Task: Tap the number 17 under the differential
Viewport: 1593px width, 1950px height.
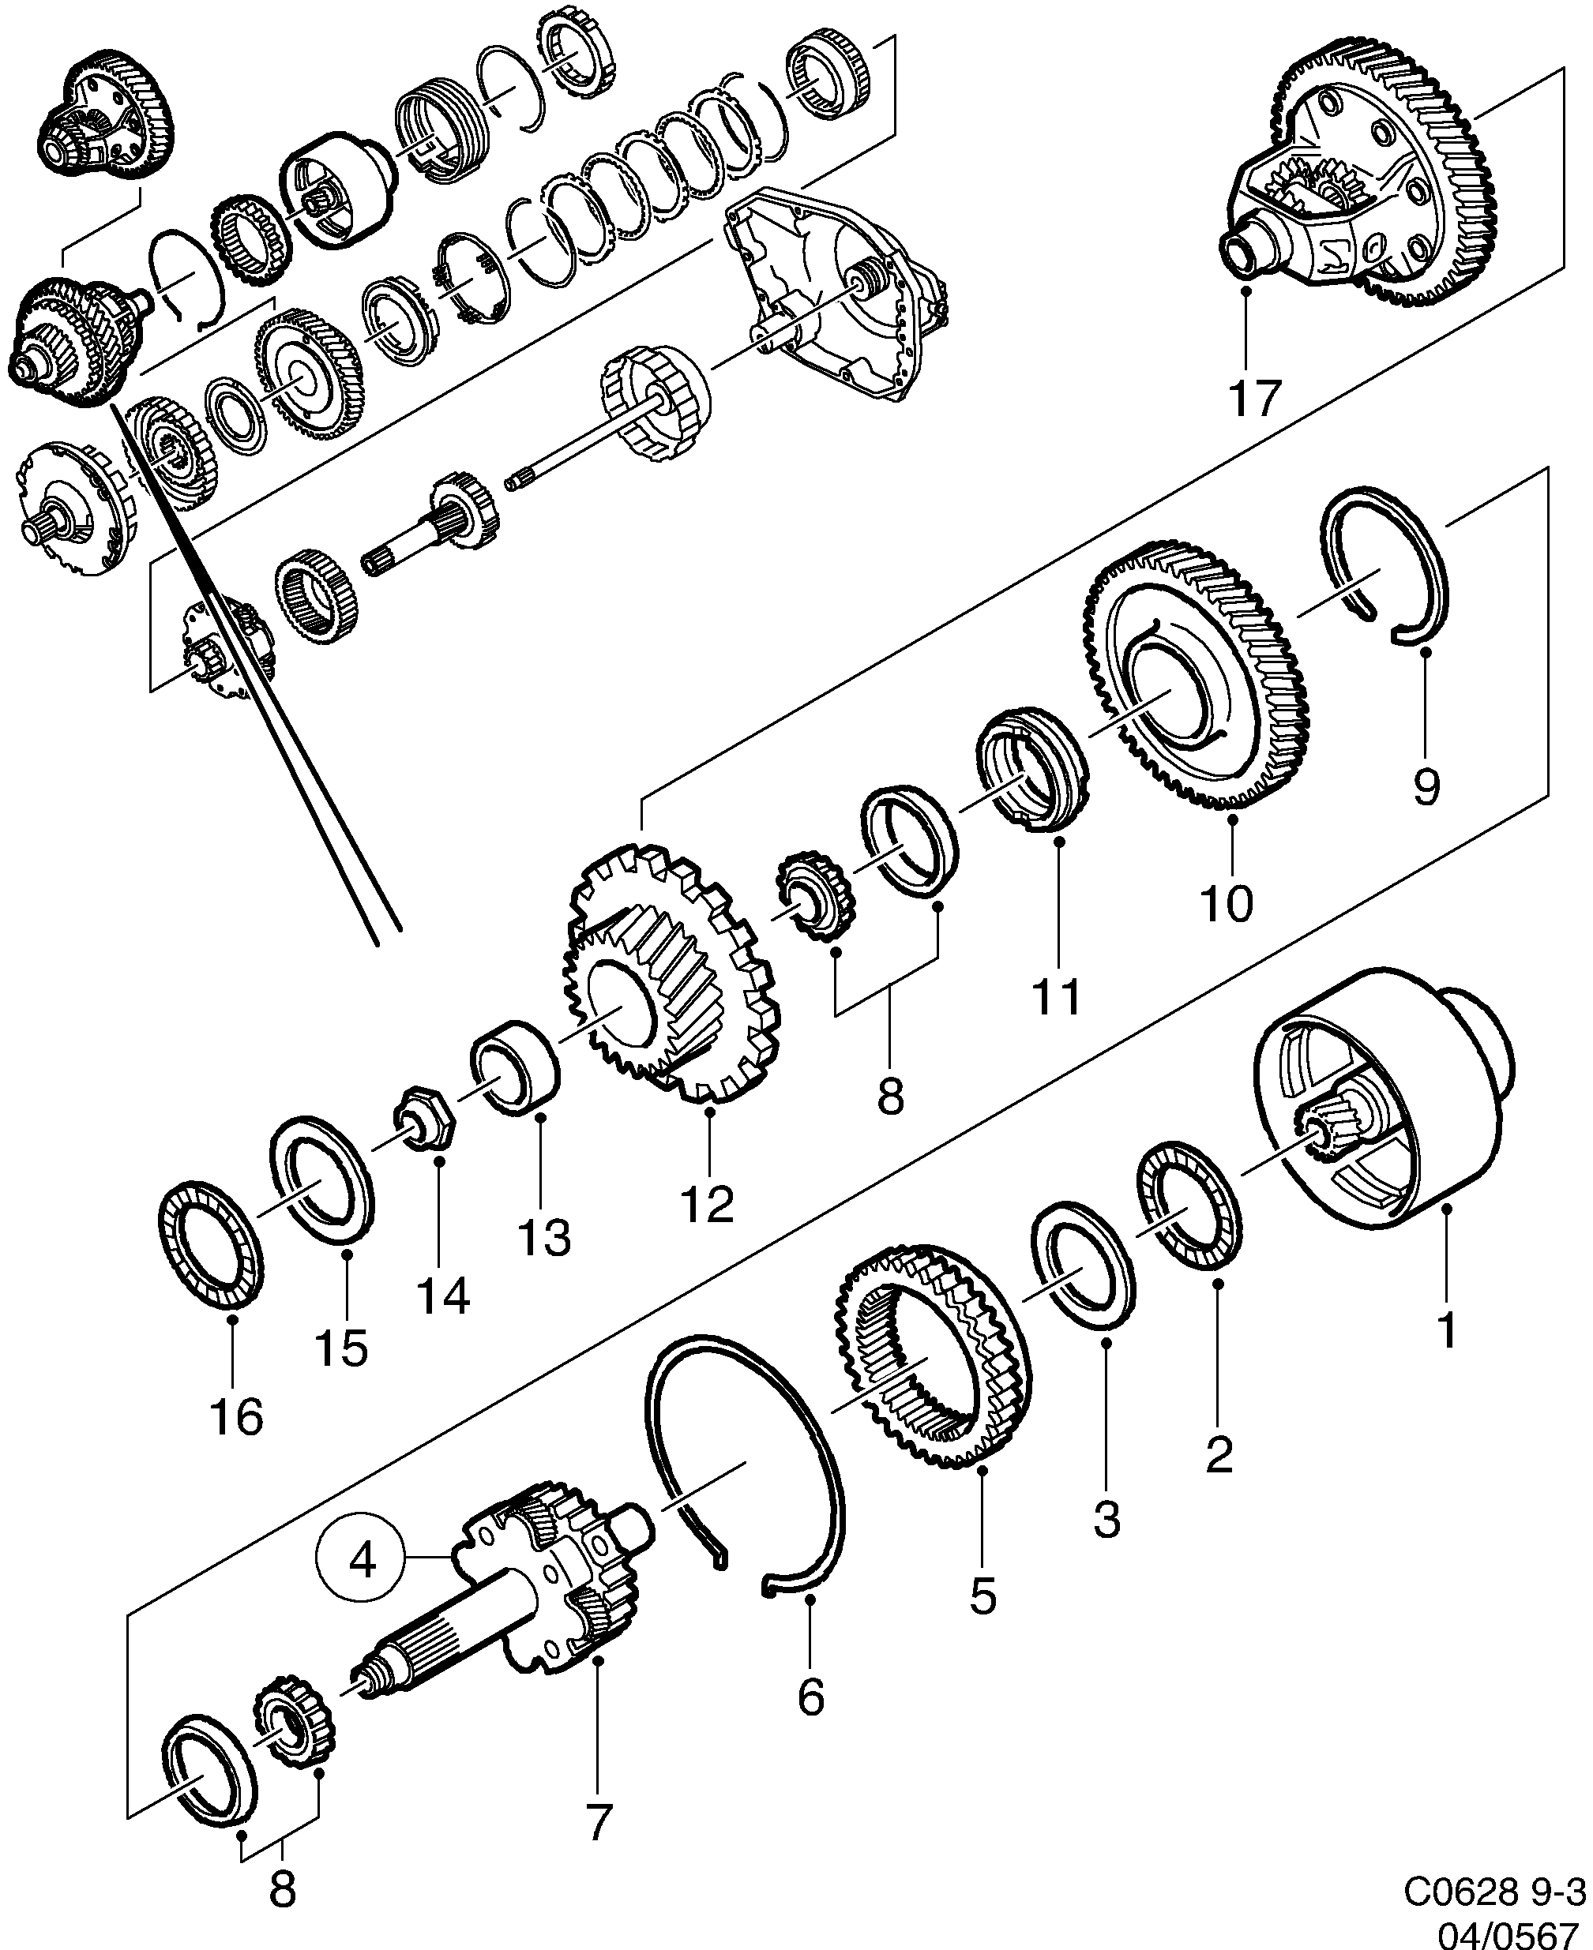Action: [1253, 397]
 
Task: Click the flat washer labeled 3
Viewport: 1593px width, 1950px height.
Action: [1083, 1266]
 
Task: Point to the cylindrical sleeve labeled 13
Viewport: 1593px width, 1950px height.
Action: [516, 1067]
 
